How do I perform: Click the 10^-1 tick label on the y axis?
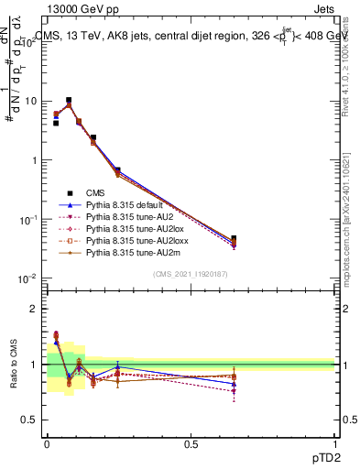coord(27,219)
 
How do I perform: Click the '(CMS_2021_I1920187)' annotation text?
coord(190,274)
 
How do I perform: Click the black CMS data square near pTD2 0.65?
coord(234,239)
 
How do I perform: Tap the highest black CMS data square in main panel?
coord(69,100)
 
